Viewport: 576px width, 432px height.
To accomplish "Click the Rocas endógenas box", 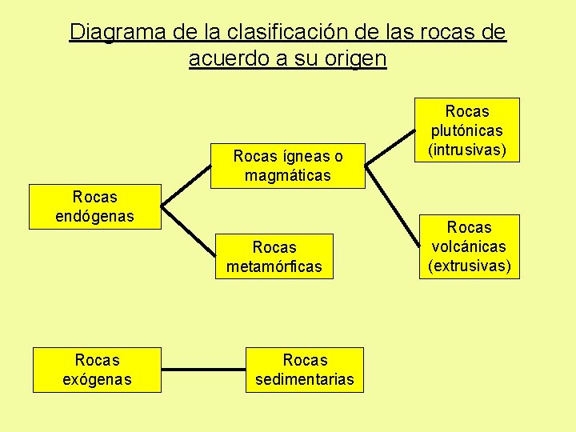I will coord(94,206).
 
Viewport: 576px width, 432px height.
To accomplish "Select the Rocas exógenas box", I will coord(97,370).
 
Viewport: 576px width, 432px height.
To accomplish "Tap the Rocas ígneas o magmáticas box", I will coord(287,166).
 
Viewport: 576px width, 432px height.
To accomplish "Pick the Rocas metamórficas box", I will coord(274,257).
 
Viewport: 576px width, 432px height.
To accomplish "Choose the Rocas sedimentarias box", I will coord(304,370).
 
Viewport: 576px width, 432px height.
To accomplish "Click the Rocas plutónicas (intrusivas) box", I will coord(467,130).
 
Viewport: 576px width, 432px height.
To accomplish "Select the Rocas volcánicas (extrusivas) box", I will coord(469,246).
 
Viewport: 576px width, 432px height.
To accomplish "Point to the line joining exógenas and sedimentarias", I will coord(204,370).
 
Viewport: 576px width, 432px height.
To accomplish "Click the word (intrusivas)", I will coord(467,150).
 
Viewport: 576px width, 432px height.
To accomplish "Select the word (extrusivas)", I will coord(470,266).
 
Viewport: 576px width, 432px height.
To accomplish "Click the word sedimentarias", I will coord(304,379).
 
